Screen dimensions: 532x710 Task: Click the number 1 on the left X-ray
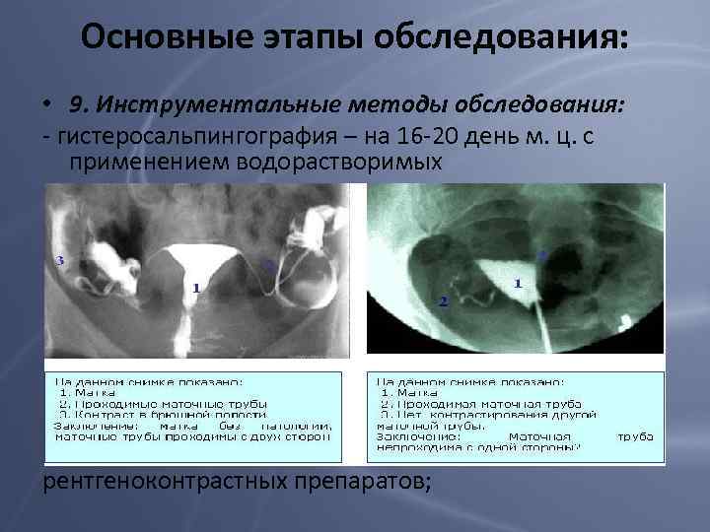(x=197, y=288)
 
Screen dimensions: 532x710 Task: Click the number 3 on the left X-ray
(x=61, y=261)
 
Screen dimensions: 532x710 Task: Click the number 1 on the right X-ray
(x=518, y=283)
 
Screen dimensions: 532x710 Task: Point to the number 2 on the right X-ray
(x=443, y=300)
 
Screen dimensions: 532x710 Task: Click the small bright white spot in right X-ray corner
(x=625, y=319)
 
